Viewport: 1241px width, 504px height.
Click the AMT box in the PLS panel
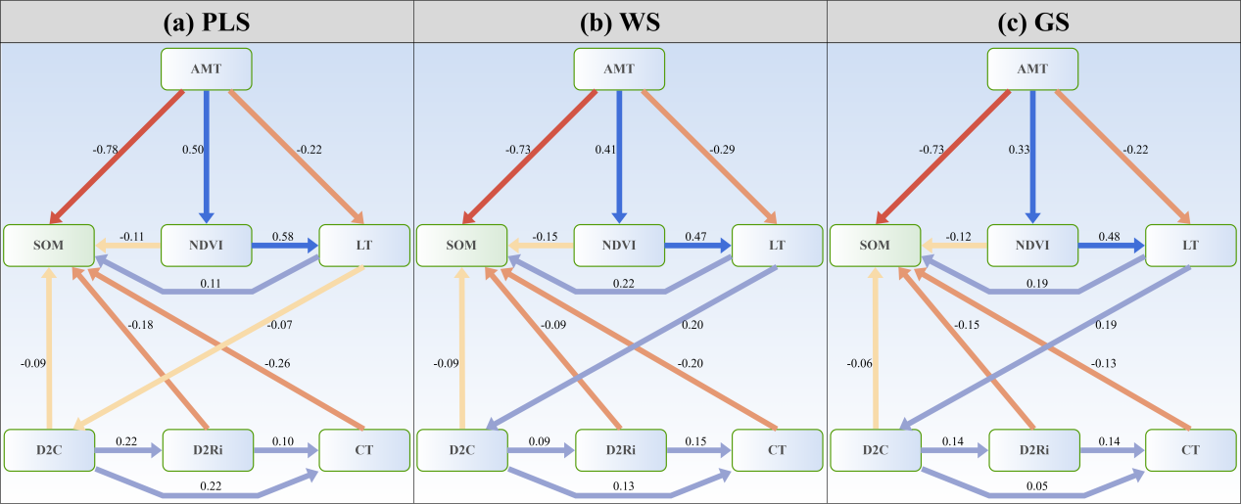point(207,69)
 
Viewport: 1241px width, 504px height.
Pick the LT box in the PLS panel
point(364,245)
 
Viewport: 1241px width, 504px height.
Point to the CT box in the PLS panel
point(364,449)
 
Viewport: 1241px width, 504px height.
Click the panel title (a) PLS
point(207,22)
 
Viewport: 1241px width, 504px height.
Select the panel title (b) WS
point(620,22)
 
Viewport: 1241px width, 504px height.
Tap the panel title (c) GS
point(1033,22)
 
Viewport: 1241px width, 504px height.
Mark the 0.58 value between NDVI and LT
point(282,237)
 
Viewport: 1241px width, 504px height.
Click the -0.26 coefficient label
point(277,363)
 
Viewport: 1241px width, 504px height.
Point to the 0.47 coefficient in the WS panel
point(695,237)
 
